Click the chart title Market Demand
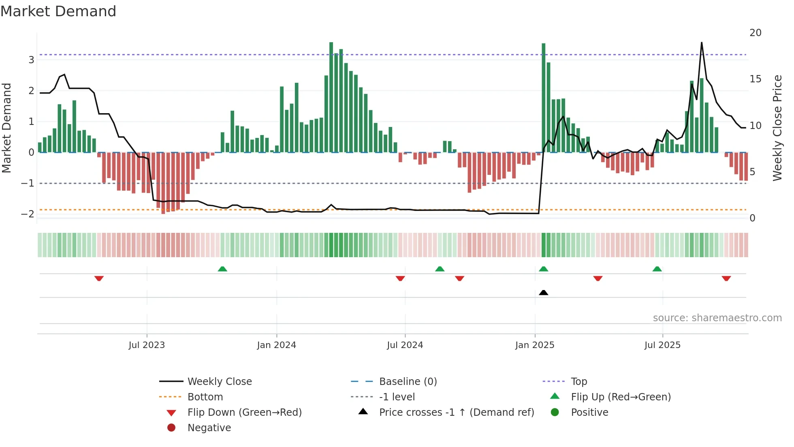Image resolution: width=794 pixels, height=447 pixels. click(x=58, y=11)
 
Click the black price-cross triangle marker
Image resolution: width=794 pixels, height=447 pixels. click(x=544, y=292)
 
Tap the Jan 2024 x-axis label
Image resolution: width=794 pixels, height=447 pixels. click(x=276, y=345)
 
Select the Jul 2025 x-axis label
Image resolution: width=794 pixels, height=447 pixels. click(x=662, y=345)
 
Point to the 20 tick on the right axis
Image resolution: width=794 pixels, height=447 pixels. click(x=755, y=33)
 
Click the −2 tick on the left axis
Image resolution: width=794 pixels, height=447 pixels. click(x=28, y=214)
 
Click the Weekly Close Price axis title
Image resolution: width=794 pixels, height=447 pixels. click(x=777, y=128)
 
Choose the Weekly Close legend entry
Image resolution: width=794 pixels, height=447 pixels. click(x=219, y=381)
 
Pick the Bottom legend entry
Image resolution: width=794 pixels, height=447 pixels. click(x=205, y=397)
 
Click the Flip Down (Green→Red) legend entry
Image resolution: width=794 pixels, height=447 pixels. click(x=244, y=412)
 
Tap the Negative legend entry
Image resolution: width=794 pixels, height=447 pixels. click(x=209, y=428)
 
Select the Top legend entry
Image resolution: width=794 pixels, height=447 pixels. click(x=578, y=381)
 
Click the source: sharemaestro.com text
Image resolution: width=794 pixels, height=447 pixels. click(x=717, y=318)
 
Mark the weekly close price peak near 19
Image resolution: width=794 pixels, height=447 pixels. click(x=702, y=43)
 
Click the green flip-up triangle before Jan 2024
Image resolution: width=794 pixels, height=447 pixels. click(x=222, y=269)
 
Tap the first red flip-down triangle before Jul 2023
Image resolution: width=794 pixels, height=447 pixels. click(x=99, y=278)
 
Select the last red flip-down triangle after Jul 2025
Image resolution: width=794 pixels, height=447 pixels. click(x=726, y=278)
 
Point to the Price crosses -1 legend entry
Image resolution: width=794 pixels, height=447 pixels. click(x=456, y=412)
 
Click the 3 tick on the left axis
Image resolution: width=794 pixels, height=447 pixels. click(x=31, y=60)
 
